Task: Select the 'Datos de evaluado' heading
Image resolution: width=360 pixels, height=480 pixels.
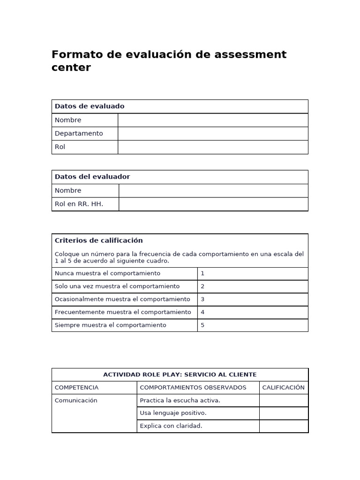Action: [90, 106]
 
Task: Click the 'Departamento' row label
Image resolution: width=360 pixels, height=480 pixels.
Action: [79, 134]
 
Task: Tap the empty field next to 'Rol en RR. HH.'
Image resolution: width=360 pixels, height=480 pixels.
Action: [213, 204]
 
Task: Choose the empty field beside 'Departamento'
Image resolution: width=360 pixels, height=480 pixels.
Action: [213, 134]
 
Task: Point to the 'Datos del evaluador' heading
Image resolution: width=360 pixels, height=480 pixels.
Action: [92, 177]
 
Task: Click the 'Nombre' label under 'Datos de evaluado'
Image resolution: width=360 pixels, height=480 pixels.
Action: [68, 120]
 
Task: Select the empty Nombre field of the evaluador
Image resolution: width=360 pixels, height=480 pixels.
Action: [213, 190]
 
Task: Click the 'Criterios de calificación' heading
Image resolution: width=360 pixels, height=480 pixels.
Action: [98, 240]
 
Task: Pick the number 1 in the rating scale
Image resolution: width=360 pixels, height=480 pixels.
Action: [202, 273]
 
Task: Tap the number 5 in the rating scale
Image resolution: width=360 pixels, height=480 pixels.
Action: [202, 325]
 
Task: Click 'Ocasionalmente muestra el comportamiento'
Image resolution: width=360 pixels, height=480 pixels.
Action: [122, 299]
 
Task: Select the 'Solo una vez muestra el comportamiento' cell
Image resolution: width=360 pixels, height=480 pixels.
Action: [117, 286]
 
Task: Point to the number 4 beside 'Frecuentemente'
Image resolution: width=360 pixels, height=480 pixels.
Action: [202, 312]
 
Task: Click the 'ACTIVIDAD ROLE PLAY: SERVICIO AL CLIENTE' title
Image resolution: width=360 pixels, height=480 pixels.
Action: [180, 375]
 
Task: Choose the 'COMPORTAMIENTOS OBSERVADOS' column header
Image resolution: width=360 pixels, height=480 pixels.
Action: [193, 388]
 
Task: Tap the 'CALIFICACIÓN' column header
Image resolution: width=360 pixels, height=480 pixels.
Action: [283, 388]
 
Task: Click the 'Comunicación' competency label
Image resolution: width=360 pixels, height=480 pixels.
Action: [76, 400]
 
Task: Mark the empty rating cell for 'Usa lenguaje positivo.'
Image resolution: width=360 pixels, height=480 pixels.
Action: [283, 413]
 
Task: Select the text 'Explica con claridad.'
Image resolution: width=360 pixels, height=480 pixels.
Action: [171, 426]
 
